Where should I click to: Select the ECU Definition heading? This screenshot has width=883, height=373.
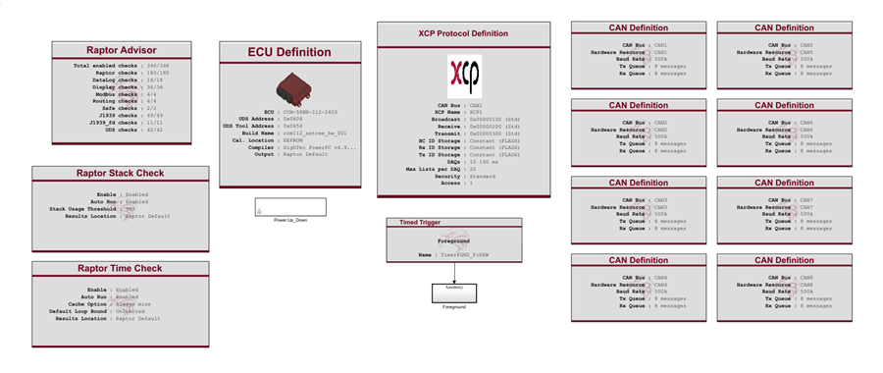[x=286, y=52]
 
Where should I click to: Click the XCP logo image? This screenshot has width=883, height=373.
[x=464, y=75]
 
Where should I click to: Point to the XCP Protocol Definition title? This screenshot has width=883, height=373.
[x=463, y=33]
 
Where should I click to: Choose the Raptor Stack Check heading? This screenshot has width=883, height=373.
[x=120, y=174]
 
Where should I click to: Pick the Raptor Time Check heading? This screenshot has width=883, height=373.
[x=120, y=268]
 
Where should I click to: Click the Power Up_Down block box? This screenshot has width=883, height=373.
[x=284, y=207]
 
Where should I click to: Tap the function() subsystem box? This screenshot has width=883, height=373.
[x=453, y=293]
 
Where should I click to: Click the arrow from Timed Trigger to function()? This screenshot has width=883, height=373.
[x=453, y=272]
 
